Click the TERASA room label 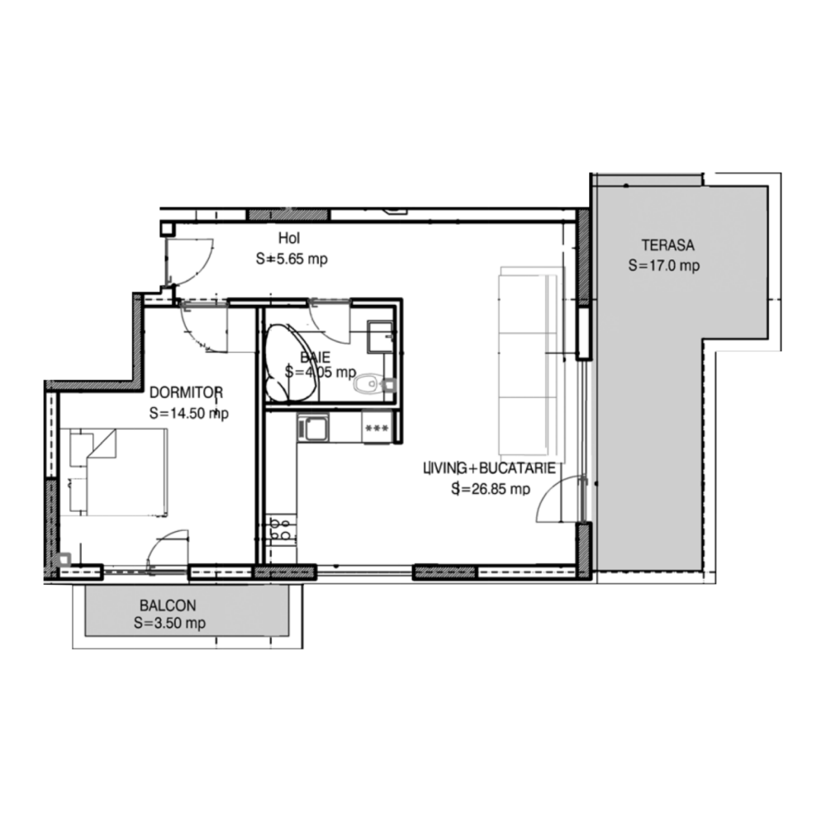(x=667, y=245)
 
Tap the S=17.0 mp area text (x=664, y=265)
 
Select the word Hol (x=289, y=238)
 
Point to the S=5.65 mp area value (x=292, y=259)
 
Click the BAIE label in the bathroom (x=315, y=357)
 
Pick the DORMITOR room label (x=187, y=392)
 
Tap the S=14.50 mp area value (x=189, y=414)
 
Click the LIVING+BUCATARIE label (x=490, y=468)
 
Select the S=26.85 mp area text (x=491, y=489)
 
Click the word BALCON (x=168, y=605)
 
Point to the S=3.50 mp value (x=169, y=623)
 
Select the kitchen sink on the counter (x=313, y=427)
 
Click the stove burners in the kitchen (x=280, y=529)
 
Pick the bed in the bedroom (x=118, y=471)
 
